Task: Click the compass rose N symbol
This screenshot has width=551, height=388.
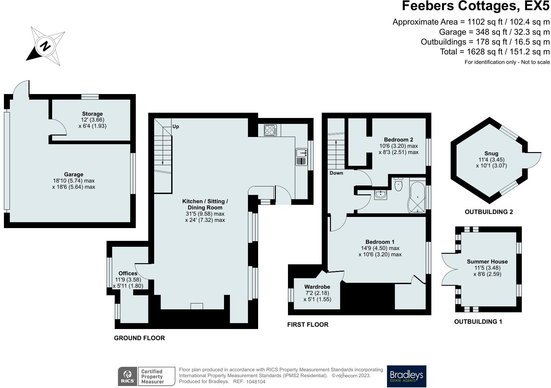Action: pos(45,46)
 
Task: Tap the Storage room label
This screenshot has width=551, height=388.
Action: pos(92,114)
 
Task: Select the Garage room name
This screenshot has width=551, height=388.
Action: pos(73,174)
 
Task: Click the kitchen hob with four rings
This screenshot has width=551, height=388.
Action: pos(270,130)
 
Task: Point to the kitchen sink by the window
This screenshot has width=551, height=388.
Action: pos(302,157)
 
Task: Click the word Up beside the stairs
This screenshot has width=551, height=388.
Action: pos(176,126)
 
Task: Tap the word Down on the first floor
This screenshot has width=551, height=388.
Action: pos(336,173)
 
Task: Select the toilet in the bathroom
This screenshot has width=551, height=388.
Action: pos(398,184)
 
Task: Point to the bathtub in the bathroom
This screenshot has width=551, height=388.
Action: pos(417,197)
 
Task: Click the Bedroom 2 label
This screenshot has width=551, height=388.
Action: pos(398,140)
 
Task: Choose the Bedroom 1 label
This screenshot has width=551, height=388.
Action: pos(380,242)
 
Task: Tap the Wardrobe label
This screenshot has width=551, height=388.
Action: pos(317,287)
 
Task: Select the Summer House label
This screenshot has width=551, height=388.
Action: pos(487,262)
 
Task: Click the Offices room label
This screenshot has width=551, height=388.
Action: pos(128,273)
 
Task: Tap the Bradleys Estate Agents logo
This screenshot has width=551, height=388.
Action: pos(406,376)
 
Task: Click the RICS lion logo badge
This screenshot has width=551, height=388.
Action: pos(127,376)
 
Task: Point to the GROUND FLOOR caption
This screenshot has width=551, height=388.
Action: pos(139,338)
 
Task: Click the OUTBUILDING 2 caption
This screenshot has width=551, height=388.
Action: pos(489,212)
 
